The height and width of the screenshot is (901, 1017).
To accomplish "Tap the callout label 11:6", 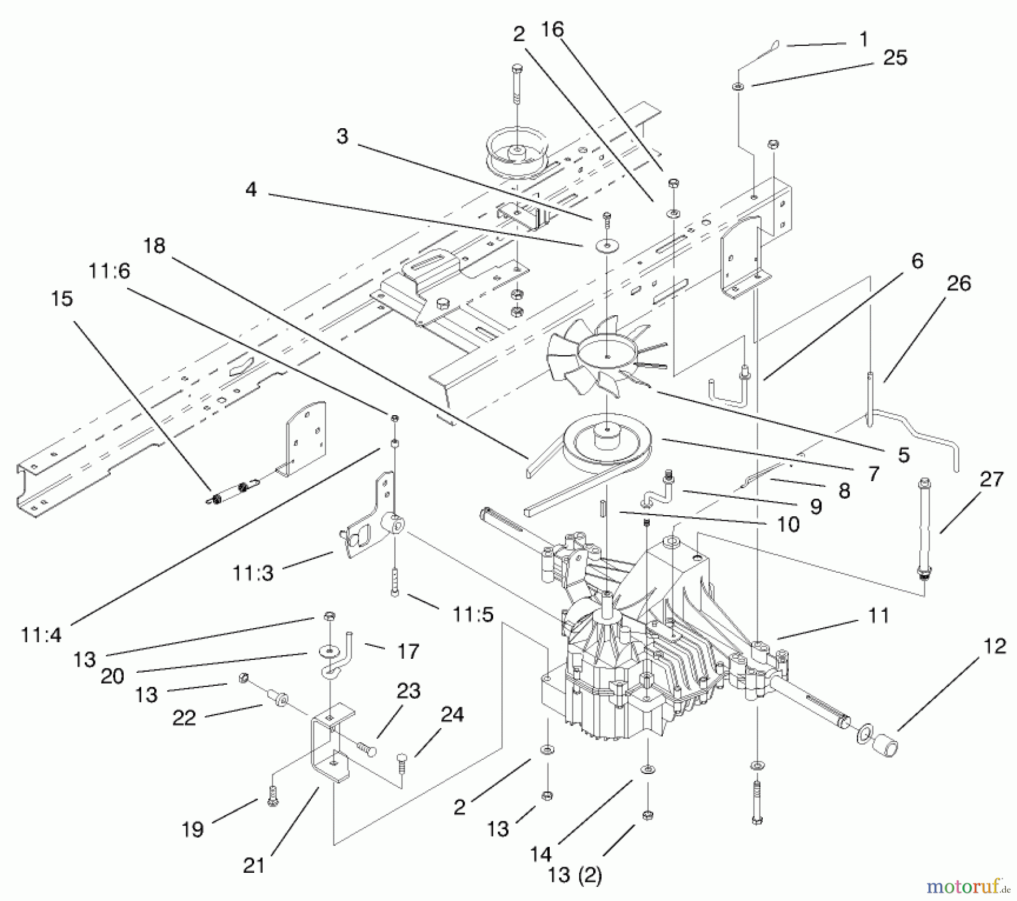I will [x=109, y=271].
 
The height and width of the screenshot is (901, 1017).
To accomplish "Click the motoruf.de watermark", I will [x=966, y=887].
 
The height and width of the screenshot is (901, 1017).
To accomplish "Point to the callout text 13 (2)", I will [x=575, y=875].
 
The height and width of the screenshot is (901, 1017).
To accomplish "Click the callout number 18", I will [x=154, y=246].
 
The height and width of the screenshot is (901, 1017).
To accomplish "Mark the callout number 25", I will [x=895, y=57].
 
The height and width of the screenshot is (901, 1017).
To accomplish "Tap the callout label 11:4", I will [x=41, y=634].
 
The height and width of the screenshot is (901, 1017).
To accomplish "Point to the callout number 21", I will [x=254, y=865].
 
